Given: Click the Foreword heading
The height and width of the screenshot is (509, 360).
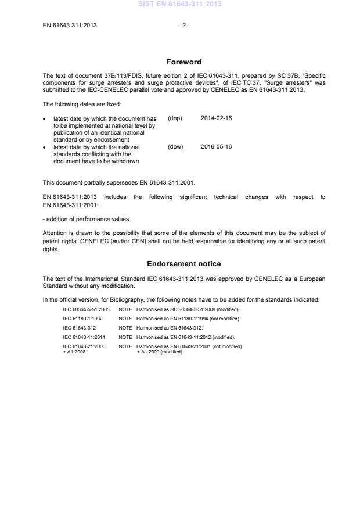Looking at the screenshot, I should [x=183, y=62].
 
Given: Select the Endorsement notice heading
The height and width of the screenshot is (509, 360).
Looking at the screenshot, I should [x=183, y=264].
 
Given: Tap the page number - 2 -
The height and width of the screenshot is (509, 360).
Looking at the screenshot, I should [x=183, y=25].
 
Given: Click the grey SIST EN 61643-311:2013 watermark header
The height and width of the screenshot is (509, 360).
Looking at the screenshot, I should [x=179, y=5].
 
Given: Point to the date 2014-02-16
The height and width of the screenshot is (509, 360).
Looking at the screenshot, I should [x=216, y=118].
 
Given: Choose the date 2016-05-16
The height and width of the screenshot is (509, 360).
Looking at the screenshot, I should [x=216, y=147].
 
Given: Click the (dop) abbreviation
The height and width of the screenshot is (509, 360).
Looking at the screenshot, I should [x=175, y=118].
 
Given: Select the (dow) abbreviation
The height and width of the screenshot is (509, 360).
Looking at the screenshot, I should [x=175, y=147].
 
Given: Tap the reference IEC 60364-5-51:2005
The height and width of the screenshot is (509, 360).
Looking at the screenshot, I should [x=86, y=309].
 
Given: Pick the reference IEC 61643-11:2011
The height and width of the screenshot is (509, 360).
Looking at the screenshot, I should [x=84, y=337].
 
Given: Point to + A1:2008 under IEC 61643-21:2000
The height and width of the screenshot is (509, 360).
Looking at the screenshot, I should [x=74, y=352].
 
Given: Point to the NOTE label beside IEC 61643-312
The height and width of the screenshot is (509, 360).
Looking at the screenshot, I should [x=125, y=328].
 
